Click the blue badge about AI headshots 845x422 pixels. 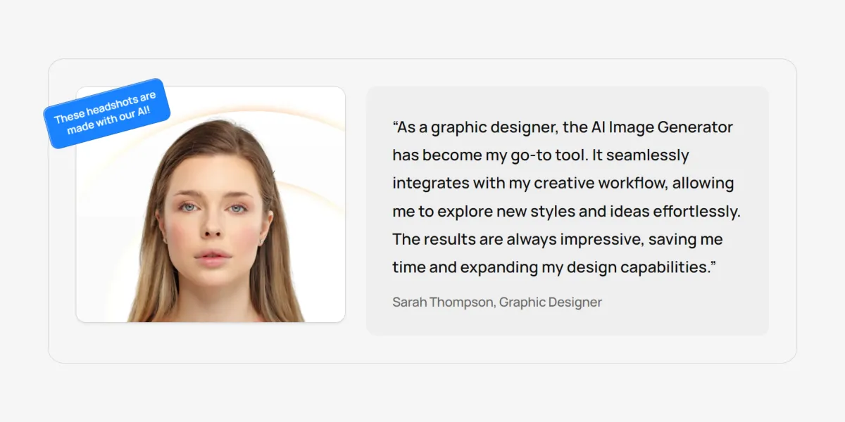(x=107, y=113)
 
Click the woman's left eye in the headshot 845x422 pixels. (x=237, y=208)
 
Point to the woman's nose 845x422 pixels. (x=212, y=224)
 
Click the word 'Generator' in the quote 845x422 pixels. (x=695, y=127)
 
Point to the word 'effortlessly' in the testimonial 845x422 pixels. (x=696, y=211)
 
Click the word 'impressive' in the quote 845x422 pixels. (x=602, y=239)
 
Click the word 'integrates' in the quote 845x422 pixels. (x=431, y=184)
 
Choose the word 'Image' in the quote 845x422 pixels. (x=631, y=128)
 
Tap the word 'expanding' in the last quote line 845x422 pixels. (x=499, y=267)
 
